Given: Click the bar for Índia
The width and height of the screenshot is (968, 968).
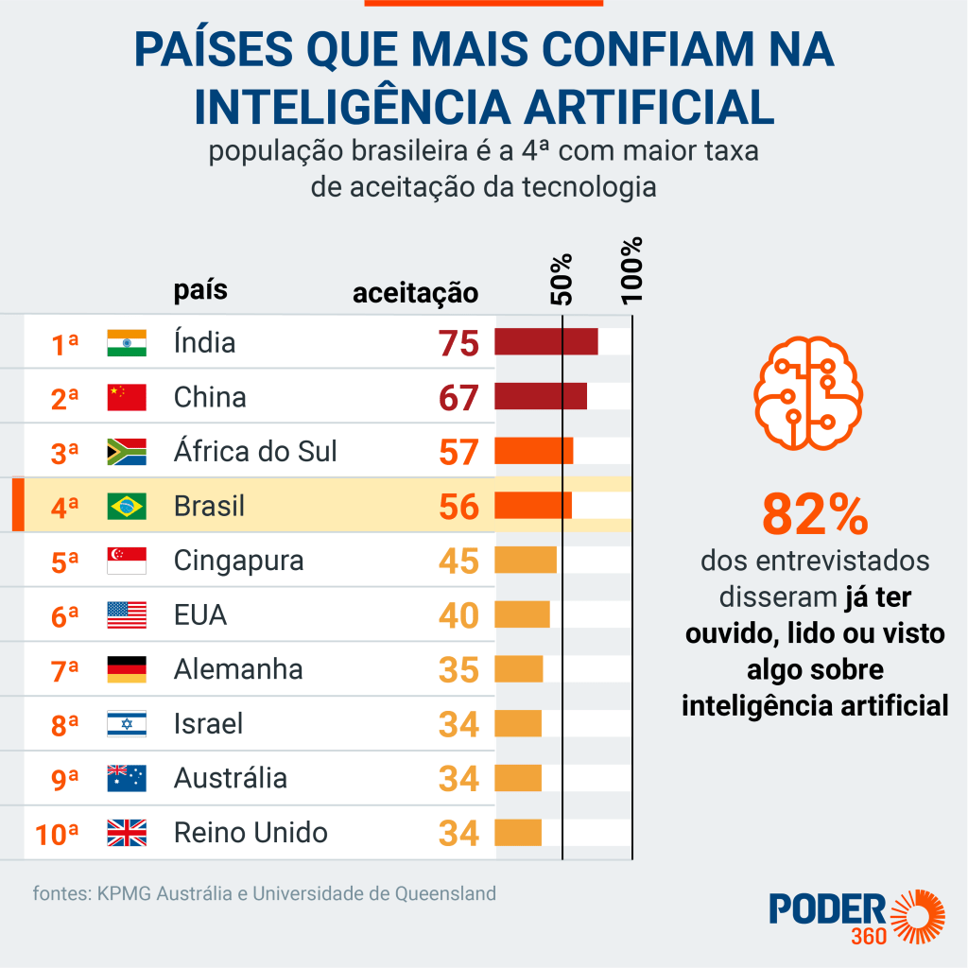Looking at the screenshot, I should click(545, 342).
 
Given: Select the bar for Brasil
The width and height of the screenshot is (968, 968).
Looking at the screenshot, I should click(533, 506).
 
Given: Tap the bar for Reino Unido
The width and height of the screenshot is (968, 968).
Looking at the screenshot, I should click(518, 833).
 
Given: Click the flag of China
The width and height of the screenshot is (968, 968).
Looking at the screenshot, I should click(127, 397).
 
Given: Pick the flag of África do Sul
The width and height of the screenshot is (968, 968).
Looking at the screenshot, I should click(127, 452).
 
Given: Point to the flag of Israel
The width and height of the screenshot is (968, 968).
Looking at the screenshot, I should click(127, 724).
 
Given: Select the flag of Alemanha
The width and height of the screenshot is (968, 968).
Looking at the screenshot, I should click(127, 669).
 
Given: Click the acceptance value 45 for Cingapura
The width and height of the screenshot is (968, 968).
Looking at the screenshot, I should click(459, 562).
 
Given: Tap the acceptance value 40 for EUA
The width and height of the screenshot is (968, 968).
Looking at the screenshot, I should click(459, 615).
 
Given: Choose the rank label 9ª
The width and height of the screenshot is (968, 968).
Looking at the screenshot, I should click(65, 780).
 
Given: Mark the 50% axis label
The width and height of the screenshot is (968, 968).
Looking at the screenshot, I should click(562, 279).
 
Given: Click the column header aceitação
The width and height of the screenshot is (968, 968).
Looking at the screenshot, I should click(415, 293).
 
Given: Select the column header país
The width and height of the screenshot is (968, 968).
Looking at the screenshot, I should click(200, 289).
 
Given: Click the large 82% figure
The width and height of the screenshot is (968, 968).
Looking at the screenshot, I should click(814, 515).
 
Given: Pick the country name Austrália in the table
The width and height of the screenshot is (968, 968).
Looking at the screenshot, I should click(231, 778).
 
